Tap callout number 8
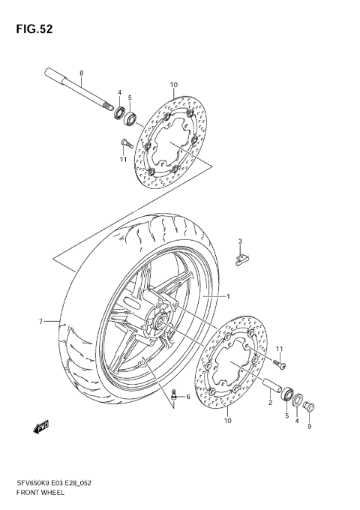[x=81, y=72]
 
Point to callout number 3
[x=240, y=241]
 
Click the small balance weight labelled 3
[x=239, y=258]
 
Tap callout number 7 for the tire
[x=41, y=322]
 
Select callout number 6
[x=188, y=397]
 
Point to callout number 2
[x=270, y=403]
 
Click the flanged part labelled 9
[x=310, y=408]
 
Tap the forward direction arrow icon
[x=40, y=427]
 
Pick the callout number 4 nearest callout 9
[x=297, y=421]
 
